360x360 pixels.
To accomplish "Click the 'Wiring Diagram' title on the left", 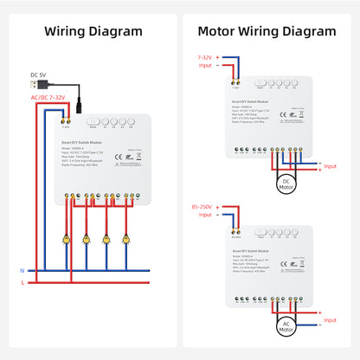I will click(93, 31).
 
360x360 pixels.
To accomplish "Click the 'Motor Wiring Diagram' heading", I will click(267, 31).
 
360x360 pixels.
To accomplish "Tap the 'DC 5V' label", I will click(39, 74).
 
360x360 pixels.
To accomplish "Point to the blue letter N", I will click(22, 270).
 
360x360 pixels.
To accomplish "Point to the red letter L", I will click(22, 283).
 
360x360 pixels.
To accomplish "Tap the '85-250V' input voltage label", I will click(205, 208).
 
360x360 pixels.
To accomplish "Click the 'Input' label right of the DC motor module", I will click(331, 164).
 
